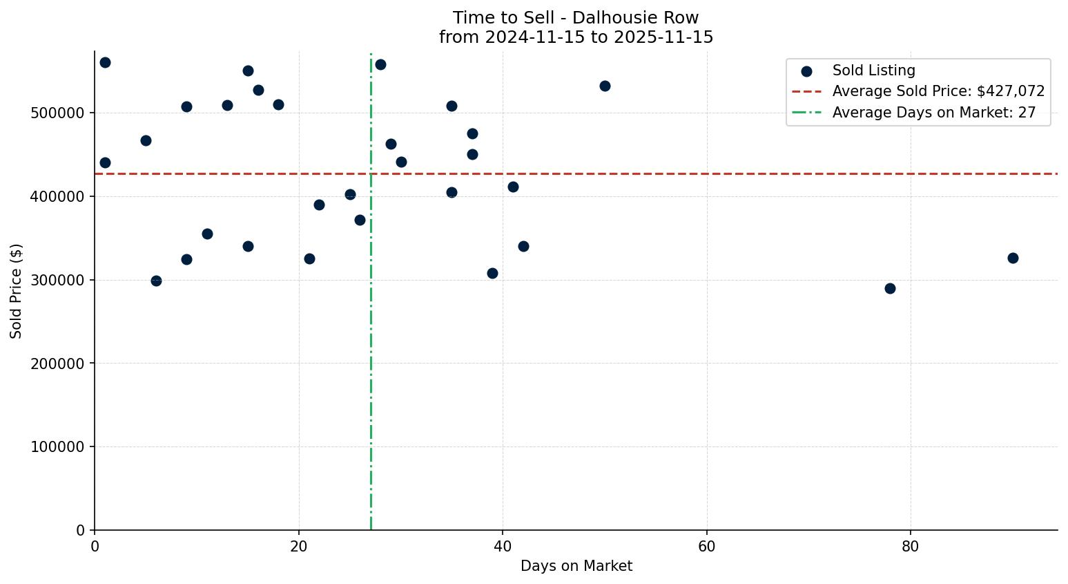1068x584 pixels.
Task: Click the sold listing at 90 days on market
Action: [1013, 258]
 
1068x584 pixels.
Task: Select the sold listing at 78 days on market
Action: [890, 288]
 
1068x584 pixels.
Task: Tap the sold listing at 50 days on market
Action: [605, 86]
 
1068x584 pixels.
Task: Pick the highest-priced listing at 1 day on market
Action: [105, 62]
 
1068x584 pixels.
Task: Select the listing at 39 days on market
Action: [492, 273]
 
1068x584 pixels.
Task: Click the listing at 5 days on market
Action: [146, 140]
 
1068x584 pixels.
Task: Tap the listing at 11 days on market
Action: [207, 234]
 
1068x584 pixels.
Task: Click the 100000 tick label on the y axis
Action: [58, 447]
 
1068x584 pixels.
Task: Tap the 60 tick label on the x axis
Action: [707, 547]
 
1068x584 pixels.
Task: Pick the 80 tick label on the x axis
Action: [911, 547]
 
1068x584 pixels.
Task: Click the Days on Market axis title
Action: [576, 566]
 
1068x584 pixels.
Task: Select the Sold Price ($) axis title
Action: [17, 291]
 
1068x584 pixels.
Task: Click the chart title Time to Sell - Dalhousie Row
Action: [576, 18]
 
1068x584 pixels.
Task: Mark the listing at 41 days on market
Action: [513, 187]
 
